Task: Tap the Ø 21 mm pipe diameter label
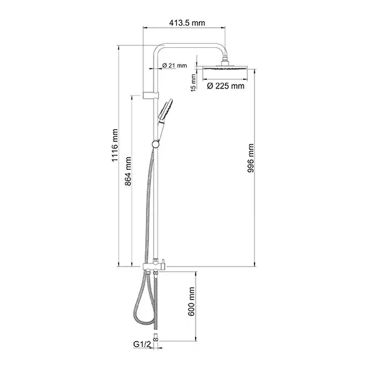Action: point(174,66)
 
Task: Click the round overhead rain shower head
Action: point(225,69)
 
